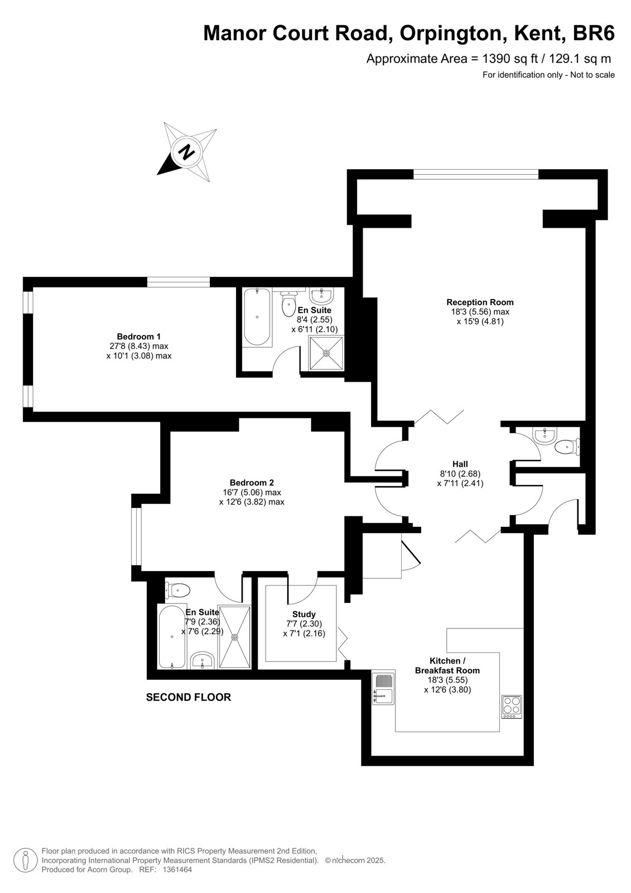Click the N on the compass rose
[186, 151]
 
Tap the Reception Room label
[480, 302]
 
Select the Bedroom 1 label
[139, 337]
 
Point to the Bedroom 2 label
[252, 483]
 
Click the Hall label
[460, 464]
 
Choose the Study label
[304, 614]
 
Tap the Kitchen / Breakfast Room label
[447, 666]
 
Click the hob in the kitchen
[512, 707]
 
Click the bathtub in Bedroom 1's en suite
[257, 317]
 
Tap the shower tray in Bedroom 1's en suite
[326, 353]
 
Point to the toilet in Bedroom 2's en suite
[177, 589]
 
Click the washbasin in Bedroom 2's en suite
[203, 661]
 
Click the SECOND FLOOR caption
[189, 697]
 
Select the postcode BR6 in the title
[594, 33]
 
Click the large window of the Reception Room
[476, 174]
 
